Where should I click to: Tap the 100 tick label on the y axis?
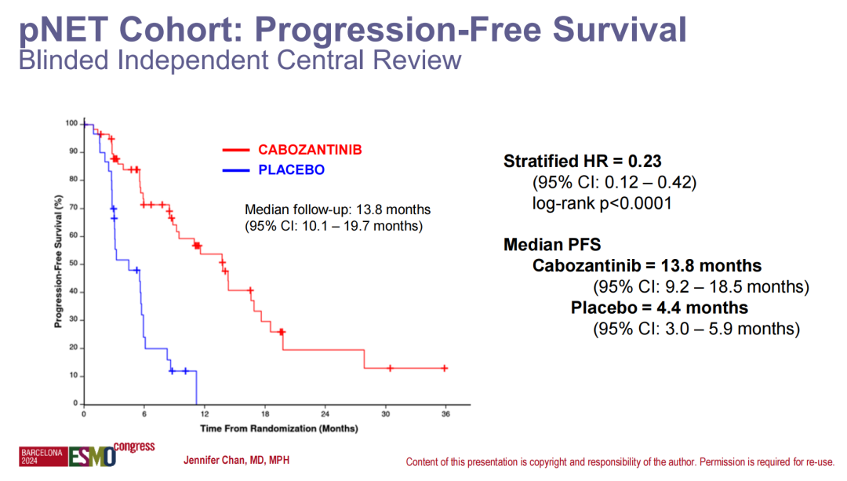(71, 123)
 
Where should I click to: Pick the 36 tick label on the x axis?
(445, 414)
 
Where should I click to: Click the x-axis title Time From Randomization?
(278, 428)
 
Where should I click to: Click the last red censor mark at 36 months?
(445, 368)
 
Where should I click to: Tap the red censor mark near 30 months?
(390, 368)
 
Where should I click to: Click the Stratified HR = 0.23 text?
(582, 162)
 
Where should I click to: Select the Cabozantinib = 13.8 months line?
(647, 265)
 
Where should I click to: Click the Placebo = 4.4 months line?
(660, 308)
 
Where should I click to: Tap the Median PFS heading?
(552, 245)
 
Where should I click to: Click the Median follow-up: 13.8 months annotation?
(338, 210)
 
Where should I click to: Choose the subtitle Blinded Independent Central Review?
(239, 60)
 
